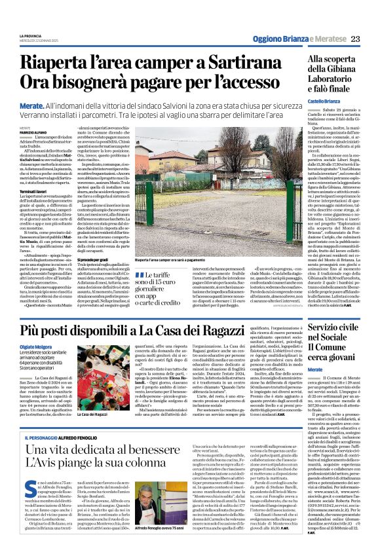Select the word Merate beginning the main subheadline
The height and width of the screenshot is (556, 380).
pyautogui.click(x=32, y=105)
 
